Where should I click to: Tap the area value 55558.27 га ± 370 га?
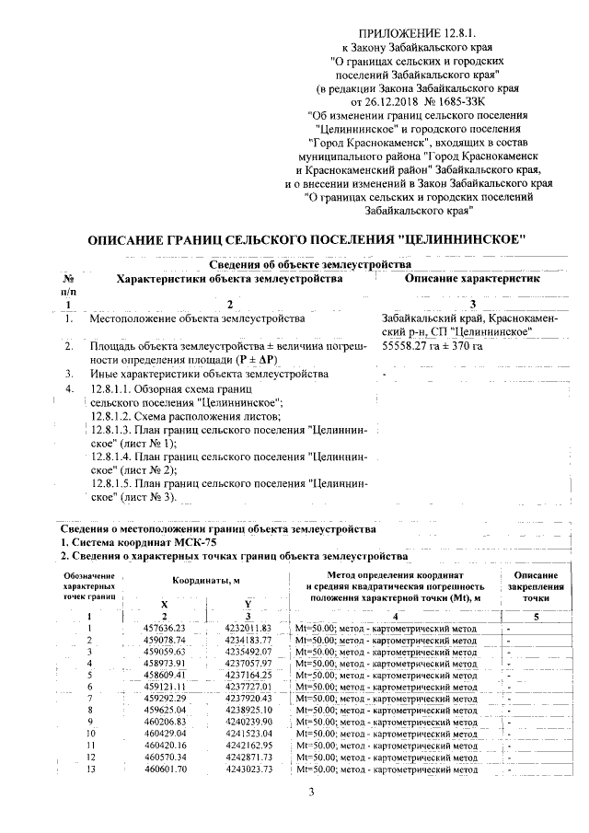coord(432,346)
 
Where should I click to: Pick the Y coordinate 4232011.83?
coord(248,629)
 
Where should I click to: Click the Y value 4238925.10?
coord(248,711)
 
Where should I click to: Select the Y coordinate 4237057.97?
coord(248,664)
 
